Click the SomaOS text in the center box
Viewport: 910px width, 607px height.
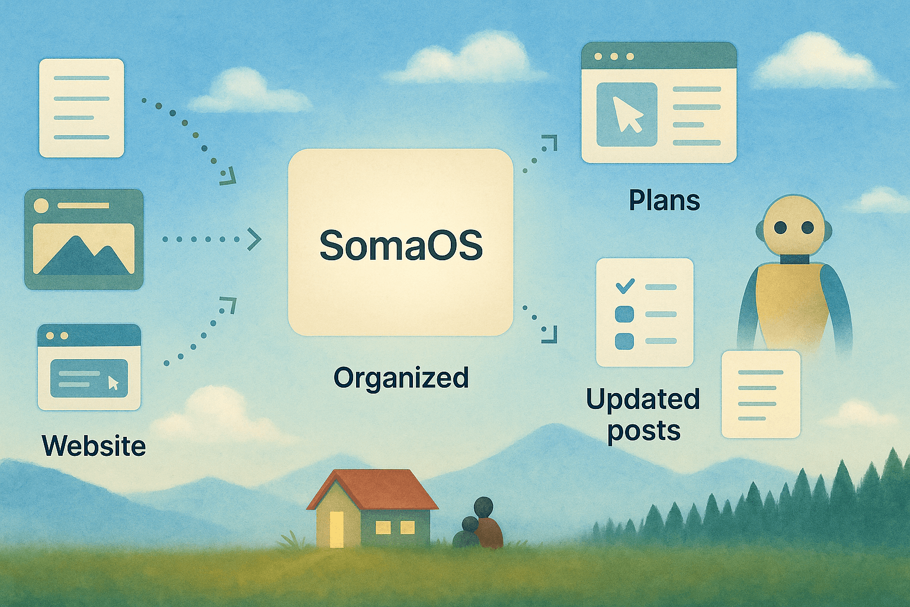click(401, 245)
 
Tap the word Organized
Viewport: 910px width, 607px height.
click(401, 378)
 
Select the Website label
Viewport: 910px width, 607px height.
click(94, 446)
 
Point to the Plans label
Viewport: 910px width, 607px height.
click(664, 201)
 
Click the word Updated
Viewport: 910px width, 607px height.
click(643, 400)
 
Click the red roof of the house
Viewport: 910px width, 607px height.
click(373, 490)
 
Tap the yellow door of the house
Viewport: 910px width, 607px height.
click(337, 529)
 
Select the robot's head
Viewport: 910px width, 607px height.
click(794, 226)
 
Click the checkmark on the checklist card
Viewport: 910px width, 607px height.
click(625, 286)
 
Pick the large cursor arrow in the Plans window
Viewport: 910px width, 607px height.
click(627, 114)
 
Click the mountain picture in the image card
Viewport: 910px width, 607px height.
click(84, 249)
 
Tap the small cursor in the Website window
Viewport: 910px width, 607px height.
click(113, 383)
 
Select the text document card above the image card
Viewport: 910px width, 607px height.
click(82, 108)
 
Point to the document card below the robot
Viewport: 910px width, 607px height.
click(761, 394)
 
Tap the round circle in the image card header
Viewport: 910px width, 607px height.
click(41, 206)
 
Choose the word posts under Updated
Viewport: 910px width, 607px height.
click(644, 432)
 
